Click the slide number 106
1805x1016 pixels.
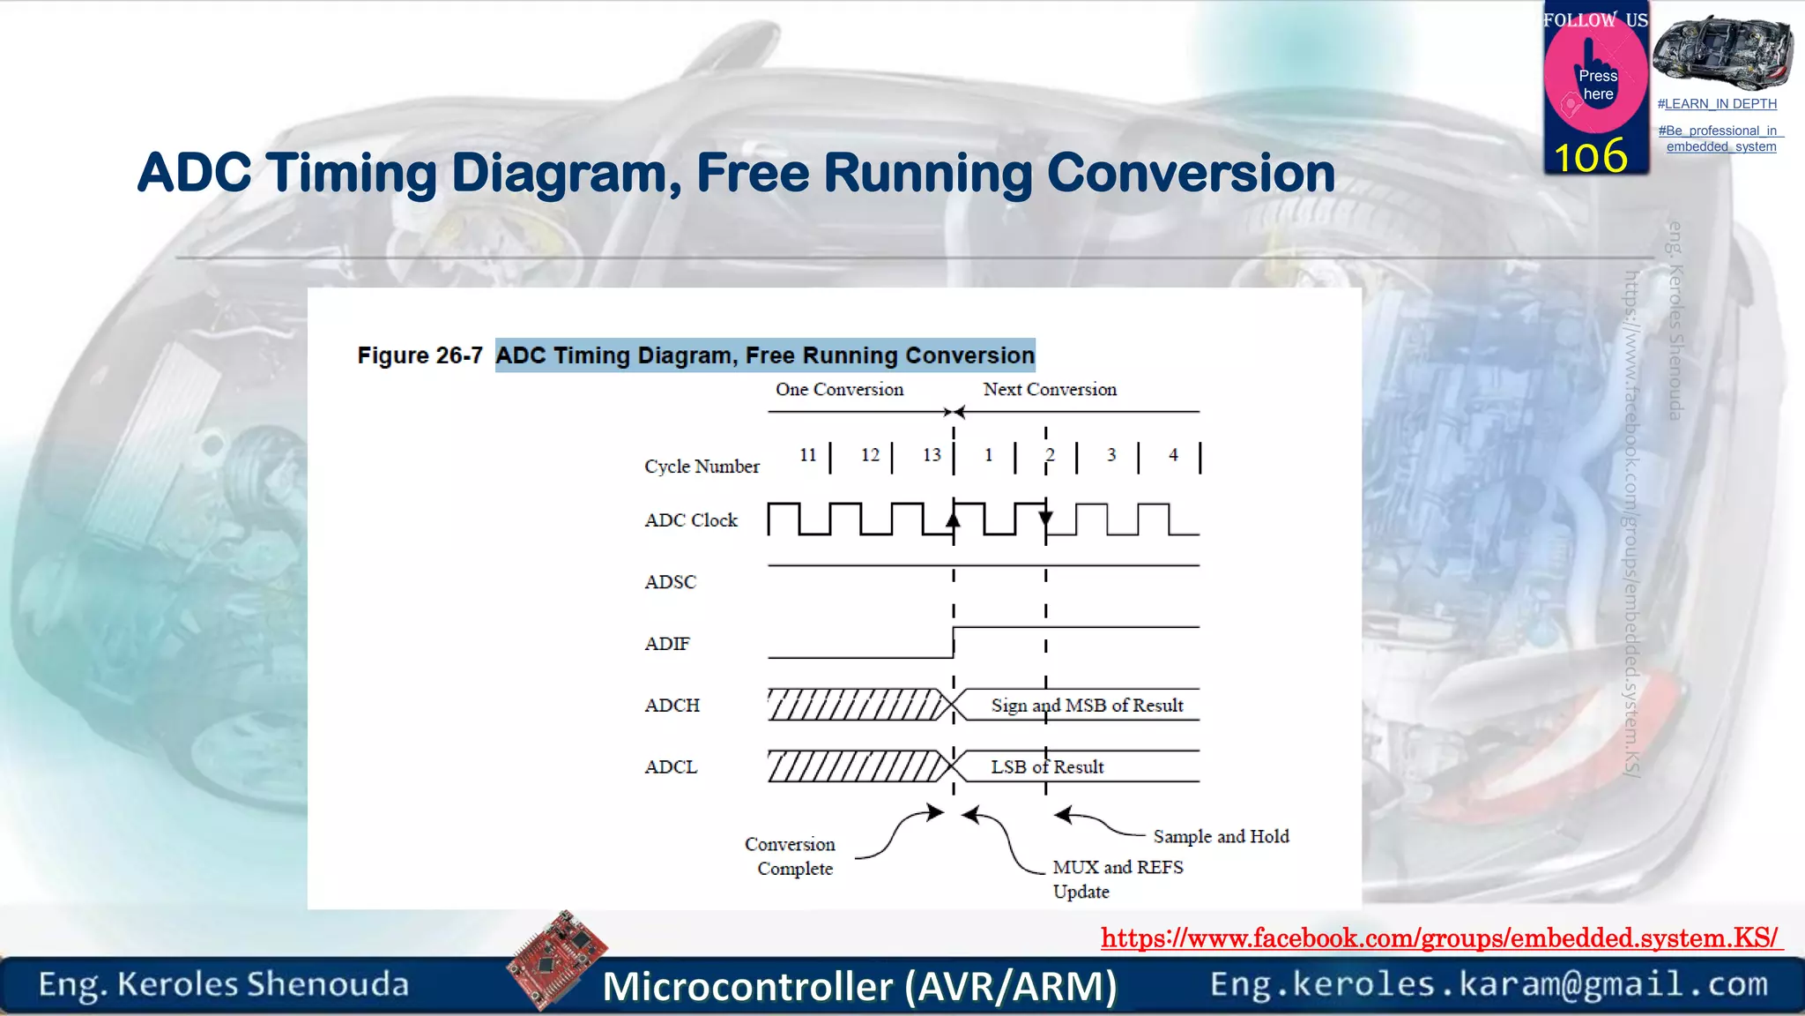tap(1590, 157)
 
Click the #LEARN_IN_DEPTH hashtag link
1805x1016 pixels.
tap(1717, 104)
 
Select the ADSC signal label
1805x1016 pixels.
tap(670, 582)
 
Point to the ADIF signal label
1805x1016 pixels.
tap(667, 644)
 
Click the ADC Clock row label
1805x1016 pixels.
tap(691, 520)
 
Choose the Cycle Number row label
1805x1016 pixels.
tap(702, 467)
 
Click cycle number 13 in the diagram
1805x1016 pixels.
tap(932, 455)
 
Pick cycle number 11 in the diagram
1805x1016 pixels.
tap(808, 455)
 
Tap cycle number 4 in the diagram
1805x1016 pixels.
tap(1173, 455)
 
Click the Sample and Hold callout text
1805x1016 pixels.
tap(1221, 836)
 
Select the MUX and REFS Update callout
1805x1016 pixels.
tap(1117, 878)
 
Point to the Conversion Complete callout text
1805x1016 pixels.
tap(791, 856)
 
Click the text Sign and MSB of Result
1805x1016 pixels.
tap(1087, 706)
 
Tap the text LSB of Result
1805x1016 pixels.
tap(1047, 767)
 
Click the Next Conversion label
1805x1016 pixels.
tap(1050, 390)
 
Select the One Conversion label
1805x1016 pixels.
tap(839, 390)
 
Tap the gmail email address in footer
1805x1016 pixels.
tap(1489, 984)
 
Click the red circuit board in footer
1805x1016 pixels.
tap(557, 959)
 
